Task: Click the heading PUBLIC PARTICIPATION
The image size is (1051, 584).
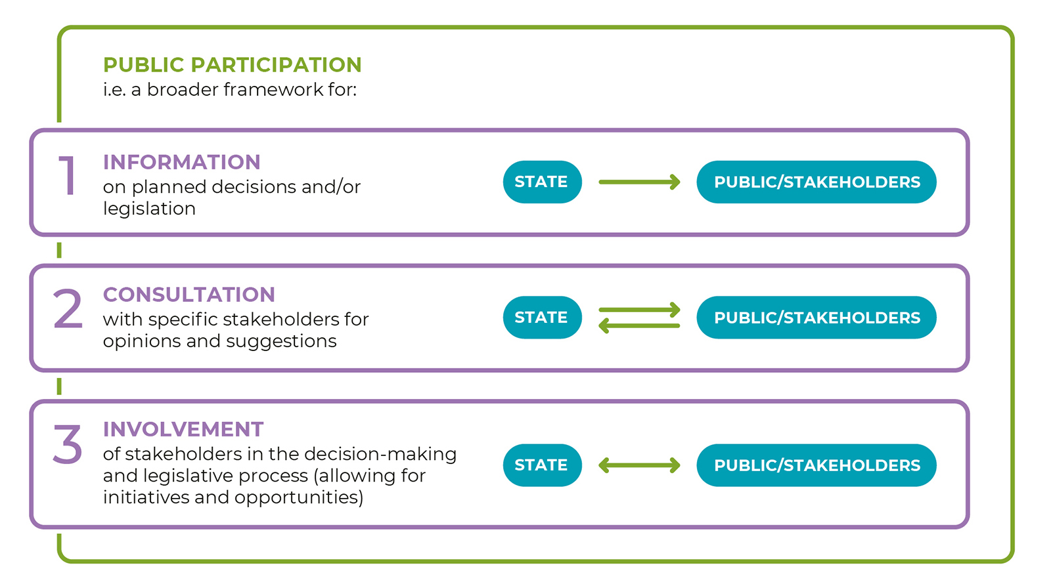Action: (233, 65)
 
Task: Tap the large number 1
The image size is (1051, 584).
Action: (68, 175)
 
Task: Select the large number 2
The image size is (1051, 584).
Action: (68, 308)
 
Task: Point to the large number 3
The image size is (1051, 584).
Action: (68, 444)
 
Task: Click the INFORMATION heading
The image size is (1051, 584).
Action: (181, 162)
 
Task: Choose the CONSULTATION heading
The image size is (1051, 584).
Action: (189, 295)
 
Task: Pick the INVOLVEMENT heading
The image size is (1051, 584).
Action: (183, 429)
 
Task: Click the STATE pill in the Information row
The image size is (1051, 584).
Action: (543, 182)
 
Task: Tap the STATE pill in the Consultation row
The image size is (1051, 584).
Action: (543, 318)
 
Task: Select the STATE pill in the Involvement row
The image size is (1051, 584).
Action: (543, 465)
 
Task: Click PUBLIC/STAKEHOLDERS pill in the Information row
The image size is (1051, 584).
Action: (816, 182)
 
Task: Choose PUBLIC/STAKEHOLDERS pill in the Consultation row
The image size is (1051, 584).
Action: (816, 318)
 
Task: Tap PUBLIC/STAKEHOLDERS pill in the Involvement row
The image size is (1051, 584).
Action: (816, 465)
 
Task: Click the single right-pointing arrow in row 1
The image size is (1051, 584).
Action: (640, 182)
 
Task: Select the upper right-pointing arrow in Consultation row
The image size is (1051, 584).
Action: (640, 309)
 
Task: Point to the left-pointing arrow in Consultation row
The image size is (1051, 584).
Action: (640, 325)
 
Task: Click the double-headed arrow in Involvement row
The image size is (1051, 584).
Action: (640, 465)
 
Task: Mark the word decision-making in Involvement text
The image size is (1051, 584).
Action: (380, 454)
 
